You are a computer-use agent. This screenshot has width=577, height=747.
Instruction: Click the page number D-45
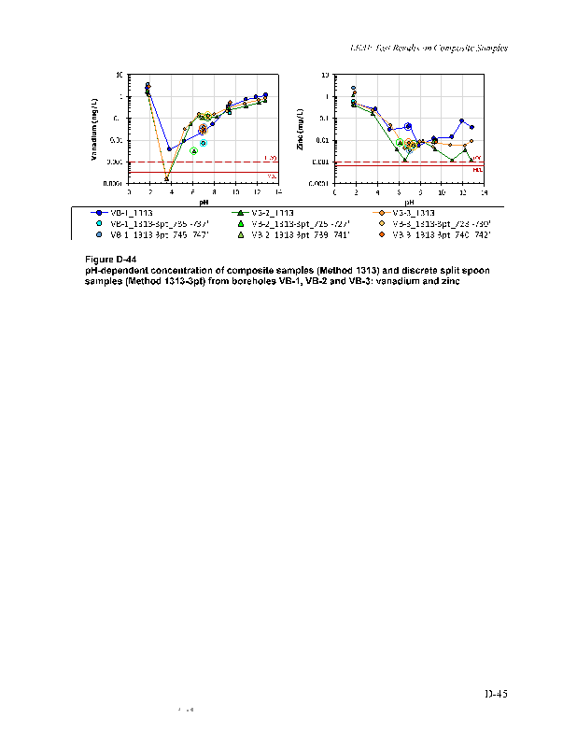495,694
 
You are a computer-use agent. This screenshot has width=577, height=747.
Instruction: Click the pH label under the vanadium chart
203,201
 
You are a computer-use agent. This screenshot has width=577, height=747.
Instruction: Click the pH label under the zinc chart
408,201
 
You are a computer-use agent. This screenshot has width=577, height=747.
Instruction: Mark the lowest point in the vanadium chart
166,178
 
